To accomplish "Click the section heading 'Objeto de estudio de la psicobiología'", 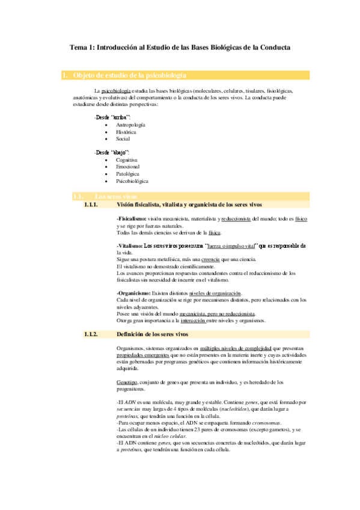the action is click(129, 76).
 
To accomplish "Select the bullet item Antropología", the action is click(130, 124).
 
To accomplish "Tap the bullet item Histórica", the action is click(126, 131).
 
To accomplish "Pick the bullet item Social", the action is click(123, 138).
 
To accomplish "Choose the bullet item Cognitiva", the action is click(127, 160).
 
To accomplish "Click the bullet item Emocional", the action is click(128, 167).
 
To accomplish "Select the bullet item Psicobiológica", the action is click(133, 180).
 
